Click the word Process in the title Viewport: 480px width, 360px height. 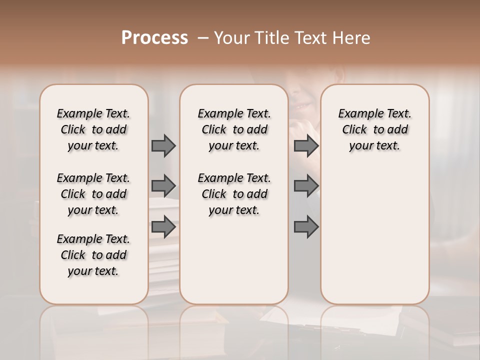pyautogui.click(x=154, y=38)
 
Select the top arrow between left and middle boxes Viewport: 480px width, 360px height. pyautogui.click(x=163, y=145)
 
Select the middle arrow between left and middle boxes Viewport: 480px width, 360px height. pyautogui.click(x=163, y=186)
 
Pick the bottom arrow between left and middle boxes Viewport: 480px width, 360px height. pyautogui.click(x=163, y=227)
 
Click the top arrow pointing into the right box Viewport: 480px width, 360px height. pyautogui.click(x=306, y=145)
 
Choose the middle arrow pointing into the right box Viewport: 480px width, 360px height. pyautogui.click(x=306, y=186)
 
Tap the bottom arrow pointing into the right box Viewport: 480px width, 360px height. pyautogui.click(x=306, y=227)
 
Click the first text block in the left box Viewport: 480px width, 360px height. pyautogui.click(x=93, y=129)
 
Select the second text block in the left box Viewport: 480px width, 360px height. pyautogui.click(x=93, y=194)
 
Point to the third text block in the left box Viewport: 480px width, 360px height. pyautogui.click(x=93, y=255)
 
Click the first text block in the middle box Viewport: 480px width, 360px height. pyautogui.click(x=234, y=129)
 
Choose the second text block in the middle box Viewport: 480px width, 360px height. pyautogui.click(x=234, y=194)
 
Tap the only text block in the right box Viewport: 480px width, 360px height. pyautogui.click(x=374, y=129)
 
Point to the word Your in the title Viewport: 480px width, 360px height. pyautogui.click(x=231, y=38)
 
